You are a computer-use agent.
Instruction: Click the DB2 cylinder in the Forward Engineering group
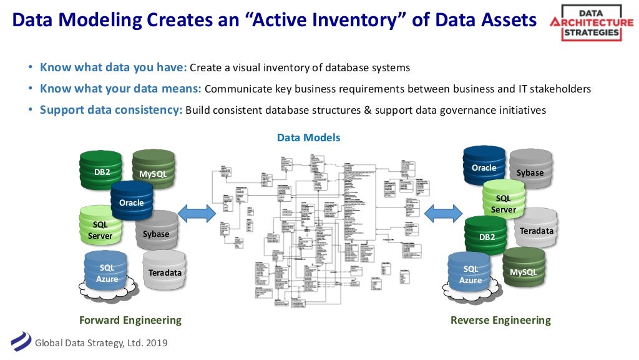coord(100,170)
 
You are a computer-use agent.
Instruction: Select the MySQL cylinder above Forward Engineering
coord(153,169)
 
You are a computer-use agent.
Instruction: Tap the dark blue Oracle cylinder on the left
coord(132,201)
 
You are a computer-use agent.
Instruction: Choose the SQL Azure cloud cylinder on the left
coord(106,273)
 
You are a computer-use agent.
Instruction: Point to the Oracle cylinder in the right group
coord(484,166)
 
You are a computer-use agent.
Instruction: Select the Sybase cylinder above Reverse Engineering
coord(530,170)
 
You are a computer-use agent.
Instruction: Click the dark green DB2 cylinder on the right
coord(486,236)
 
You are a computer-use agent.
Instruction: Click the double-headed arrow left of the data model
coord(197,214)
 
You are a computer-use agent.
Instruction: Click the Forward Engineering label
coord(130,320)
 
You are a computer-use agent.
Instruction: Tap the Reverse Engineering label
coord(500,320)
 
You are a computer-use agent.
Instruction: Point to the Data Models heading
coord(309,137)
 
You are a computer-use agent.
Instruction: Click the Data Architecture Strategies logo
coord(591,23)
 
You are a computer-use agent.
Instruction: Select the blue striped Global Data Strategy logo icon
coord(20,342)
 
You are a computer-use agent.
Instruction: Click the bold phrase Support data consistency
coord(111,110)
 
